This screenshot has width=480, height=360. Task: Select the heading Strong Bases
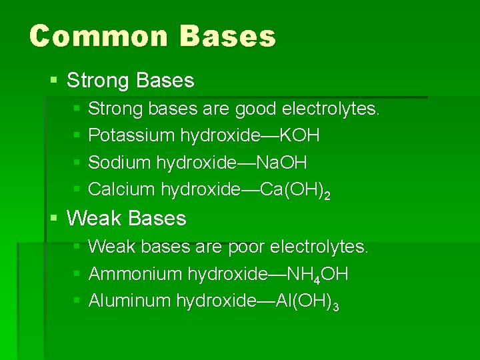(131, 81)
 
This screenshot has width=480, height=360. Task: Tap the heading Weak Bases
(127, 218)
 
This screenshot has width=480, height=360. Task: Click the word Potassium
(131, 135)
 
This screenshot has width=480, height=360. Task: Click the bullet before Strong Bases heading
(53, 81)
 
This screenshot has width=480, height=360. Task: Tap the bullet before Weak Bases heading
(53, 218)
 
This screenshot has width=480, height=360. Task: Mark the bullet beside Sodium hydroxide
(77, 162)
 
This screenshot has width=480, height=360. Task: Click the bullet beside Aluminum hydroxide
(77, 301)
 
